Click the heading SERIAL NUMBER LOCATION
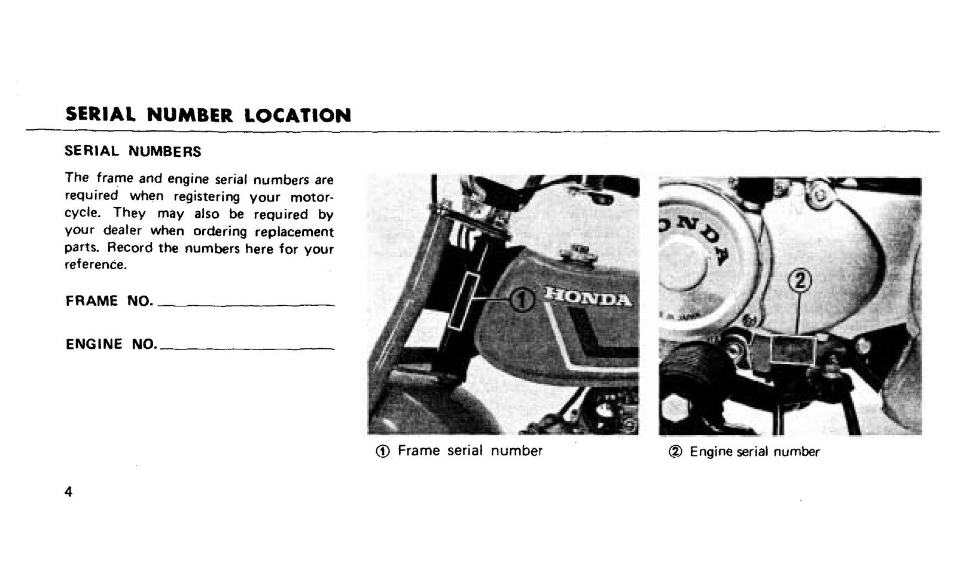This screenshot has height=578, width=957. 208,114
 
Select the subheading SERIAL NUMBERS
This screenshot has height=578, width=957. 133,151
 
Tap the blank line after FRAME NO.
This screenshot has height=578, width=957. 246,305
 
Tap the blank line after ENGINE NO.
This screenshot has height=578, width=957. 248,349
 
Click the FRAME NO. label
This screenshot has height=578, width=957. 109,300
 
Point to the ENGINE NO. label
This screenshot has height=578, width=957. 111,343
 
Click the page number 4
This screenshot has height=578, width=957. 68,492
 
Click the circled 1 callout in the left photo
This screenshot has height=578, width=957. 522,300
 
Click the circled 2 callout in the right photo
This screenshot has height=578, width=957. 799,281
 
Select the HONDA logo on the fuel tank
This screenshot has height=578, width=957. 587,297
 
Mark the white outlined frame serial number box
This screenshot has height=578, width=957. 463,301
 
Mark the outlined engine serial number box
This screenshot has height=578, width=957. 793,350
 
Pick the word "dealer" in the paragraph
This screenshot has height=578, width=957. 122,230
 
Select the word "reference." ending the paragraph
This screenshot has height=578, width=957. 96,264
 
